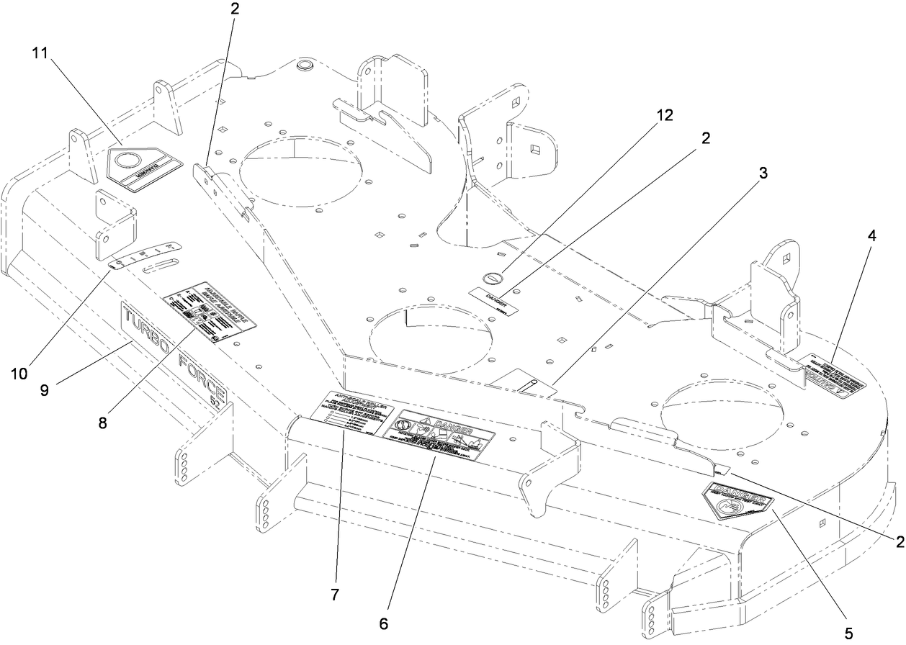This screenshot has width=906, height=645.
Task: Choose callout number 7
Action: [334, 595]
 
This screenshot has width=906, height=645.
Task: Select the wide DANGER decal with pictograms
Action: [440, 433]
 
